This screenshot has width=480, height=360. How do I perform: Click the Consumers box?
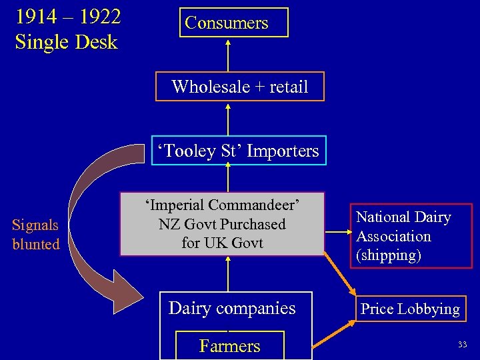[227, 23]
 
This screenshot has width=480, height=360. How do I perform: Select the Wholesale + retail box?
[239, 87]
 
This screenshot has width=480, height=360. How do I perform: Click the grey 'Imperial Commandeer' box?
[221, 224]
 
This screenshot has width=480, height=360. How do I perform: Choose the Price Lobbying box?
[409, 309]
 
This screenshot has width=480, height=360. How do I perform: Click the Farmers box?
[229, 345]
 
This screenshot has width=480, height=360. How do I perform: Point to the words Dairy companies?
[232, 308]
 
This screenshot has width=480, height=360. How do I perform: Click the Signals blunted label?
[36, 235]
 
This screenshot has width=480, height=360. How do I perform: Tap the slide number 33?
[462, 344]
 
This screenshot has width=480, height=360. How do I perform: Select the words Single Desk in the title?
[66, 42]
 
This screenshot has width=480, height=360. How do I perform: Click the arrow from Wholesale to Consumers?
[228, 55]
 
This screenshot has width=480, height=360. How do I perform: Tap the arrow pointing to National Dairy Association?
[337, 233]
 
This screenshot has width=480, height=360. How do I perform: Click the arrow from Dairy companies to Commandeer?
[228, 273]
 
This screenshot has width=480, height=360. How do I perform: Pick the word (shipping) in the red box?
[389, 255]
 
